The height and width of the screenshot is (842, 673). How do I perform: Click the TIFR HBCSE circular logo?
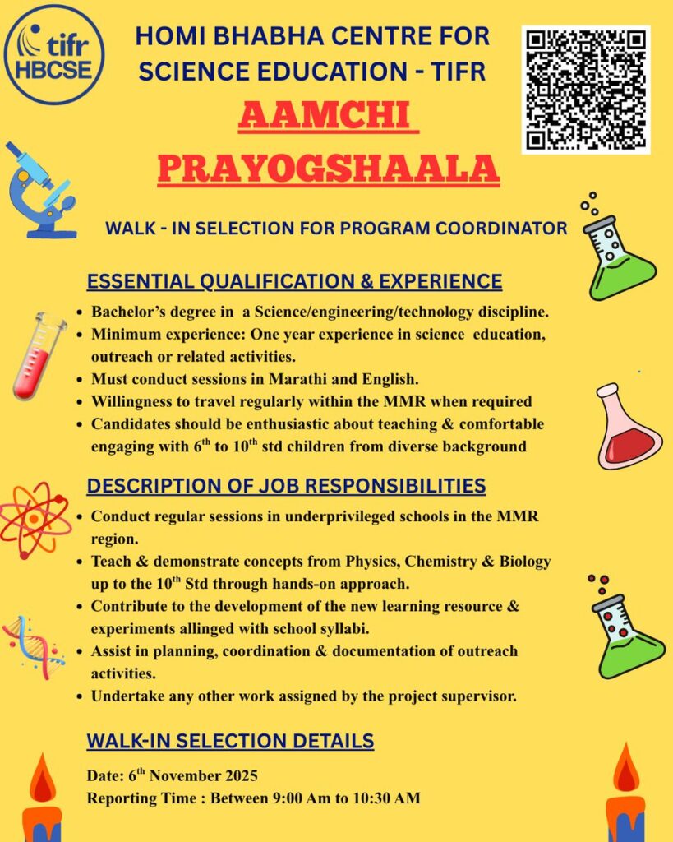54,55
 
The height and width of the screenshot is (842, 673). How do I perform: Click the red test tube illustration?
39,354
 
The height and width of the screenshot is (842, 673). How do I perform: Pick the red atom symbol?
33,520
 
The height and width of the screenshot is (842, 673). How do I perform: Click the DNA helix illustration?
33,645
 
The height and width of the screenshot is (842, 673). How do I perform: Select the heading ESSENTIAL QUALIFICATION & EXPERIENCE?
294,281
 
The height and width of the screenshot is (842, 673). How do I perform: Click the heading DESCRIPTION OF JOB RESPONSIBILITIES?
286,486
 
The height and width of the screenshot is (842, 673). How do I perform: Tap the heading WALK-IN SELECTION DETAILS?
230,741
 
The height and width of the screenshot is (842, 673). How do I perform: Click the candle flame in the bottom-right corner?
625,770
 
